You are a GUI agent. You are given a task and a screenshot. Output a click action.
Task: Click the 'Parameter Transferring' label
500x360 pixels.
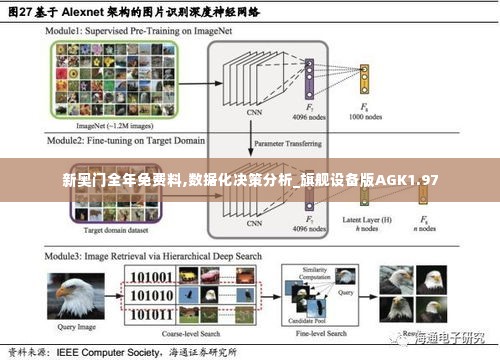285,142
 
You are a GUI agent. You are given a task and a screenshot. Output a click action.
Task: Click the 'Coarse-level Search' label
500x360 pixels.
188,334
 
